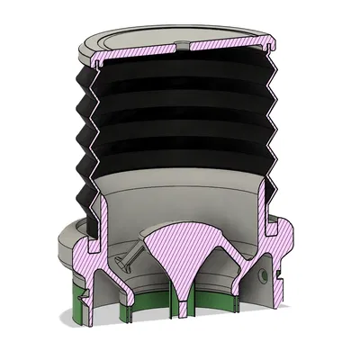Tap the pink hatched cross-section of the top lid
(144, 55)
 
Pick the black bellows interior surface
(180, 117)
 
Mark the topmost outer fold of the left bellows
(85, 81)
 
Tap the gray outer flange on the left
(67, 243)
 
